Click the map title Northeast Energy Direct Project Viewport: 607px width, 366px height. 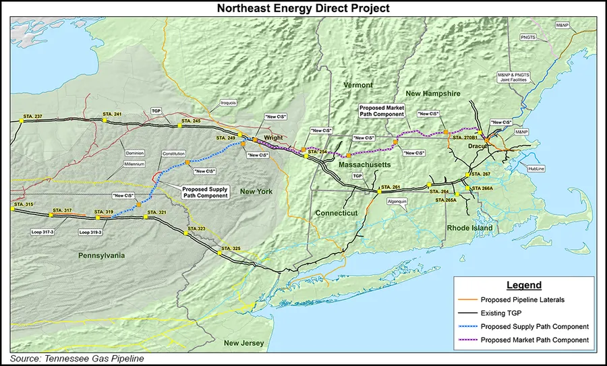click(x=303, y=8)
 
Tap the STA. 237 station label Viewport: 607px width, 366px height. click(x=32, y=116)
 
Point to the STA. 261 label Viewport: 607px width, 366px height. click(x=391, y=187)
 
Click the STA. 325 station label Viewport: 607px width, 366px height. click(x=231, y=249)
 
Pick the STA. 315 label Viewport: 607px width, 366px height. click(x=24, y=204)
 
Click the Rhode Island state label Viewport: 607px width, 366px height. click(x=469, y=228)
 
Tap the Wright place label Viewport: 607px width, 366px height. click(x=273, y=138)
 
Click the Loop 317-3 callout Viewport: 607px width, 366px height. click(x=42, y=232)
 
